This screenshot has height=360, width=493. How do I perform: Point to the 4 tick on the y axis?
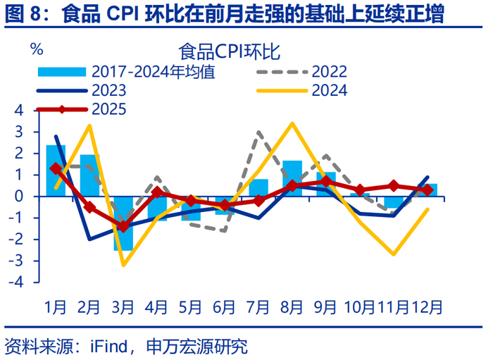point(19,111)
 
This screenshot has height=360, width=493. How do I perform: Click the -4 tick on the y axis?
point(17,282)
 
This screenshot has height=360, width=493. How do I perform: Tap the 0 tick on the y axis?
point(19,196)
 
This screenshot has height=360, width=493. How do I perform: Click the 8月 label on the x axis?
point(292,306)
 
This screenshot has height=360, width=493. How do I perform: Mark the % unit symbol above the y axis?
point(37,49)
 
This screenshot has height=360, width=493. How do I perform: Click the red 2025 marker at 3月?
point(123,226)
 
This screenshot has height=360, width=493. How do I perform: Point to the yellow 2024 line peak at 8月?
point(292,123)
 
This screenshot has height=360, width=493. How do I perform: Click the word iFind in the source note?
point(106,346)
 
